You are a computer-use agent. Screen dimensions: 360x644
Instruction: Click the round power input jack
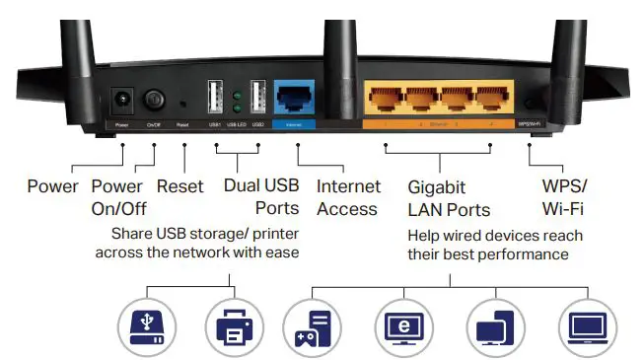(122, 100)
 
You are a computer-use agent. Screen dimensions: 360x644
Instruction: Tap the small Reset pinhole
(183, 101)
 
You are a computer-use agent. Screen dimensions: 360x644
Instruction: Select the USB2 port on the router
(258, 98)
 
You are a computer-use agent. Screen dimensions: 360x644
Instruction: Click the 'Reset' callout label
(180, 186)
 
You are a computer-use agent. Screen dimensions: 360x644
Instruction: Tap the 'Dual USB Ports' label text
(260, 196)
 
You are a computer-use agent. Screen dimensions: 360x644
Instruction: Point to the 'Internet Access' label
(347, 196)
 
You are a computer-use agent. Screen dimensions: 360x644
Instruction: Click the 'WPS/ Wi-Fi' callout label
(563, 196)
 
